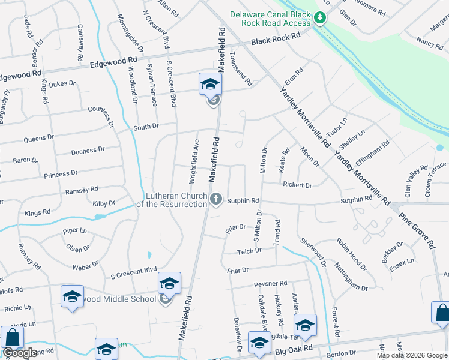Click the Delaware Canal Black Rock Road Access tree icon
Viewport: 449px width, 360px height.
[321, 18]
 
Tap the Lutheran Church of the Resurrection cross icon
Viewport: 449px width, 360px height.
[216, 198]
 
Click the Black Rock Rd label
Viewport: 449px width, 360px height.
[276, 38]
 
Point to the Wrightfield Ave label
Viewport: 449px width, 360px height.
[194, 154]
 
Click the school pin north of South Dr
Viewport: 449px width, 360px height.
[210, 85]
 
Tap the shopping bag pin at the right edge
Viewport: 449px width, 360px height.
[441, 313]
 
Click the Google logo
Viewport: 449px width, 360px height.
[20, 353]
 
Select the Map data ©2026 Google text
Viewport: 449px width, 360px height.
[412, 355]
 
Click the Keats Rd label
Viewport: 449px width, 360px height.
[285, 161]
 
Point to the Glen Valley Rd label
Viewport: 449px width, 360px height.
[414, 181]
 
